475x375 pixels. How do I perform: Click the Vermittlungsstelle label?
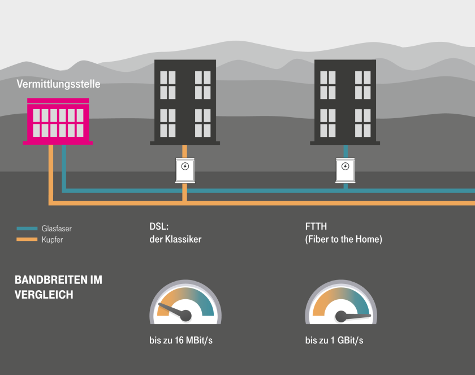coord(58,84)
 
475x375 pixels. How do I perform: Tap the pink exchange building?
coord(58,121)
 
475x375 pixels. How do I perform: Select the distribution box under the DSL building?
coord(185,170)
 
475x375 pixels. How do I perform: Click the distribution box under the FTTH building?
coord(345,170)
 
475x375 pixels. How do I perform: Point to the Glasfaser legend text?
coord(57,229)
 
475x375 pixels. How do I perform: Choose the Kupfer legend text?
coord(52,240)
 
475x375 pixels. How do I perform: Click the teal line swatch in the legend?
coord(27,229)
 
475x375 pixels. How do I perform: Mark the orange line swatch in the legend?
coord(27,240)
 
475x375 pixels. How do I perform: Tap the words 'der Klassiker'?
coord(171,239)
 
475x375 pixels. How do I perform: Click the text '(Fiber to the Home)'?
coord(344,239)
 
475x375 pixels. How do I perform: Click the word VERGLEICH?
coord(44,295)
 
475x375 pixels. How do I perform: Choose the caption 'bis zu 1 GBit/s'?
coord(334,340)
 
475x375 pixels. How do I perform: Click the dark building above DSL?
coord(185,102)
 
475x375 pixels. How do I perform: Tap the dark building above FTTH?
coord(345,102)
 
